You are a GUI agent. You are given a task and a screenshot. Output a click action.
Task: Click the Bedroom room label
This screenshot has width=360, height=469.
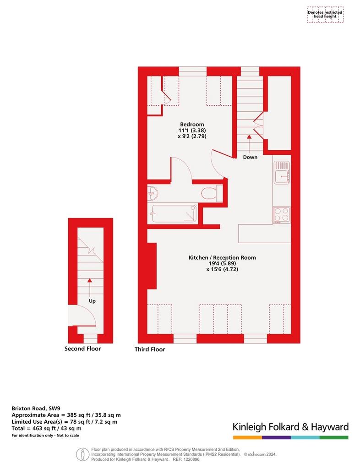192,125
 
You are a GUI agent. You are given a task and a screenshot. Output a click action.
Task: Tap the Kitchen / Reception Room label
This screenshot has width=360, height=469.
222,257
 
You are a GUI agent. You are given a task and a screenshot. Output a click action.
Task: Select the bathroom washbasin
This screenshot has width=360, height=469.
153,194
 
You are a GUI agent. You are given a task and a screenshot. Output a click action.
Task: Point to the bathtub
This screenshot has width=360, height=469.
175,213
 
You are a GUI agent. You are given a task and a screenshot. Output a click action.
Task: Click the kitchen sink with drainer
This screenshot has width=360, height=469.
282,173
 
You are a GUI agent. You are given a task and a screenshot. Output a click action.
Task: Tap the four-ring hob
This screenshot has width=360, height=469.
281,215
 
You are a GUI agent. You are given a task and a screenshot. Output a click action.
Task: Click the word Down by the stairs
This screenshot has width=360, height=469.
250,157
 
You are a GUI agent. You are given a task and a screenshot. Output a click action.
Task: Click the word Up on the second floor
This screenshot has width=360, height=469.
92,301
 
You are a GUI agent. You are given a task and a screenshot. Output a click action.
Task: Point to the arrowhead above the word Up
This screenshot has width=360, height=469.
90,280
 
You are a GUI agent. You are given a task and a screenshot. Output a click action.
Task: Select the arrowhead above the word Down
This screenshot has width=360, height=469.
249,136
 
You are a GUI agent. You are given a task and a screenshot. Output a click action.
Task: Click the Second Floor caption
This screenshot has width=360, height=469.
82,349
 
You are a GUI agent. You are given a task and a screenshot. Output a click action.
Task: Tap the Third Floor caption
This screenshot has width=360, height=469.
150,349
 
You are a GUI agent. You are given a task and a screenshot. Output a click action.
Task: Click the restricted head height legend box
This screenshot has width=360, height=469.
325,15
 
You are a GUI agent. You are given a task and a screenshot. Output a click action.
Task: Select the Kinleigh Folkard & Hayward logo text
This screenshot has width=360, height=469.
291,427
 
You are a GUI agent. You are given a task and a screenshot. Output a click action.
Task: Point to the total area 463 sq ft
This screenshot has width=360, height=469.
46,428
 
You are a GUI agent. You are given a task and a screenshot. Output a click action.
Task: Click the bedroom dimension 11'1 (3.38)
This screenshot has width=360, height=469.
192,131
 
